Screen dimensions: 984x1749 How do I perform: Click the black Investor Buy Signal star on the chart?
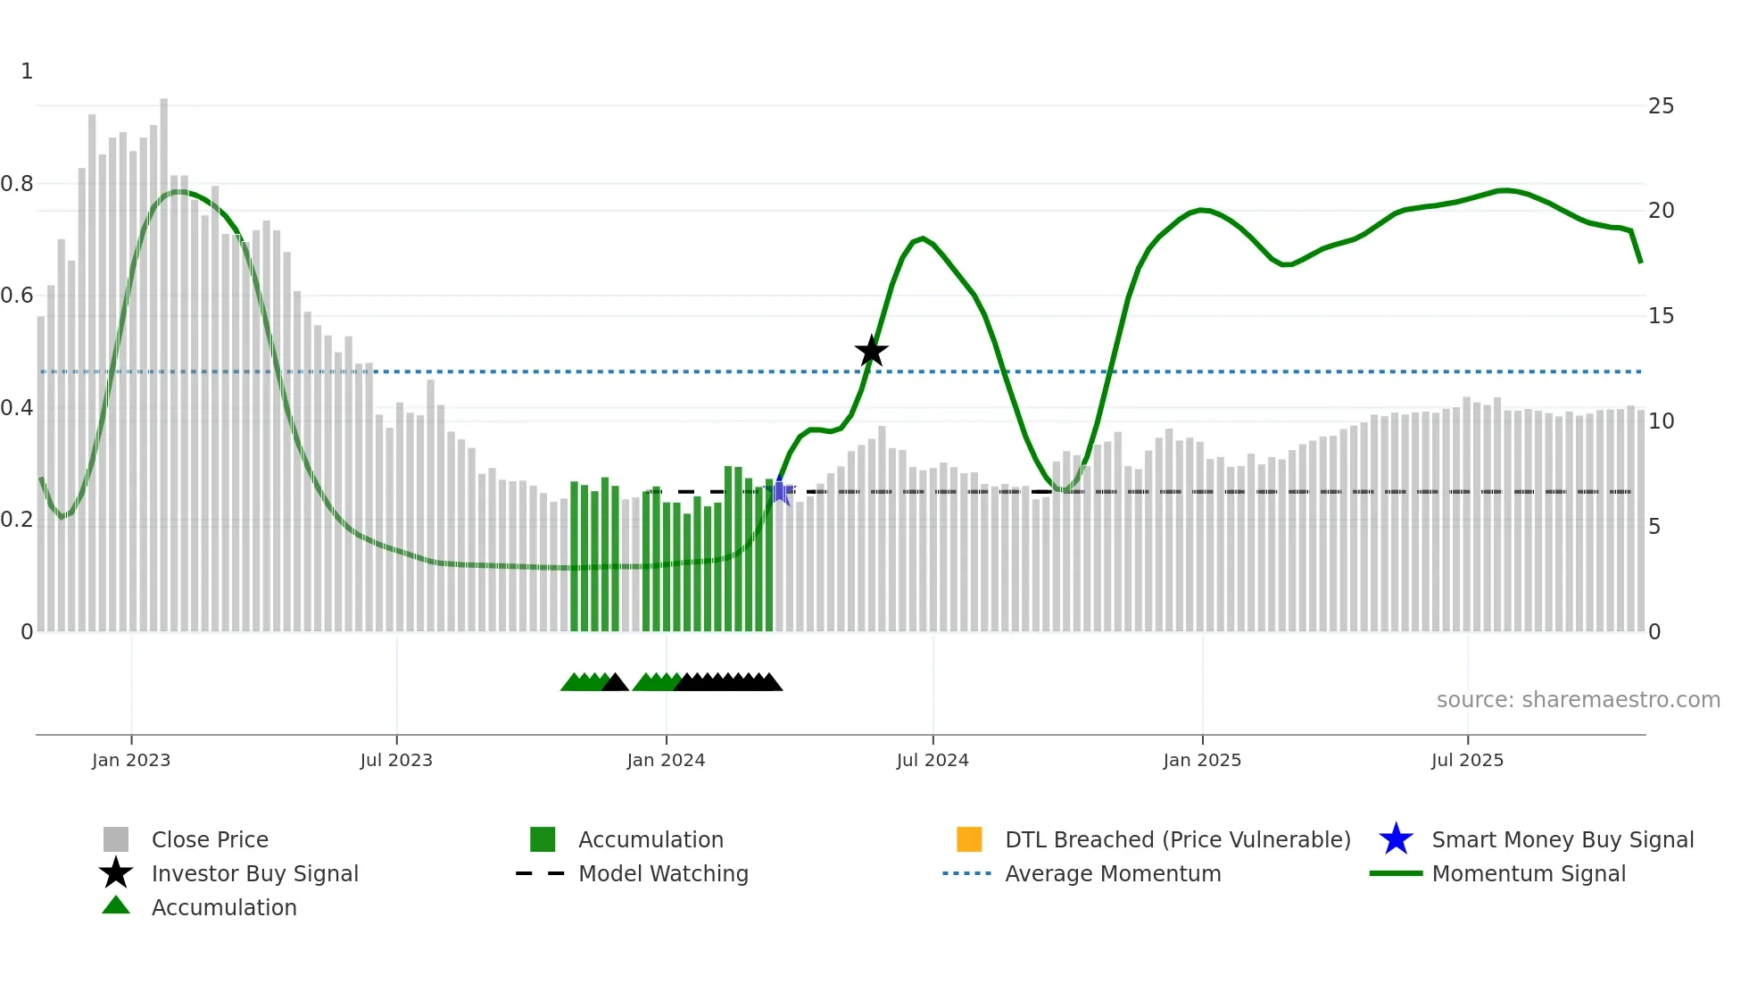[871, 351]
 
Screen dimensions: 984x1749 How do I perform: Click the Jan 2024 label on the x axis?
[666, 760]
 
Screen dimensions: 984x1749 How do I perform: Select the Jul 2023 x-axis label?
[396, 760]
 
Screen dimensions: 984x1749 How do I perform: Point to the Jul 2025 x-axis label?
[1467, 760]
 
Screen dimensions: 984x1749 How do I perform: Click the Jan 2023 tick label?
[131, 760]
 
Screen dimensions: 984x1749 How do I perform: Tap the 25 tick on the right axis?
[1661, 106]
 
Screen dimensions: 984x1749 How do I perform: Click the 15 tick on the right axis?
[1661, 316]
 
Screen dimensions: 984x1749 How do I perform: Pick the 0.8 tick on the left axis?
[17, 184]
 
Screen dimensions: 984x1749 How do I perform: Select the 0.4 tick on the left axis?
[17, 408]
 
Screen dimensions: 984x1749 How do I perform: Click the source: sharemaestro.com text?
[1578, 700]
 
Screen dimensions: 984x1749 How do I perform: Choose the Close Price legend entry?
[210, 839]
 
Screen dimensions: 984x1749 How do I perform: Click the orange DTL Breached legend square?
[969, 839]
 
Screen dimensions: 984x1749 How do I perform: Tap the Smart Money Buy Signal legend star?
[1396, 839]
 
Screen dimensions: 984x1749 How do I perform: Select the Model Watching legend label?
[663, 873]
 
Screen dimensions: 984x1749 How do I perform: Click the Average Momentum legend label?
[1113, 873]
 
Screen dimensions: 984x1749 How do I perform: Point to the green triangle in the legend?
[116, 906]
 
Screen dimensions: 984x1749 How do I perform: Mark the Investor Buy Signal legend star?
[116, 873]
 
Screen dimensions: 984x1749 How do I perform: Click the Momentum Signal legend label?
[1529, 873]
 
